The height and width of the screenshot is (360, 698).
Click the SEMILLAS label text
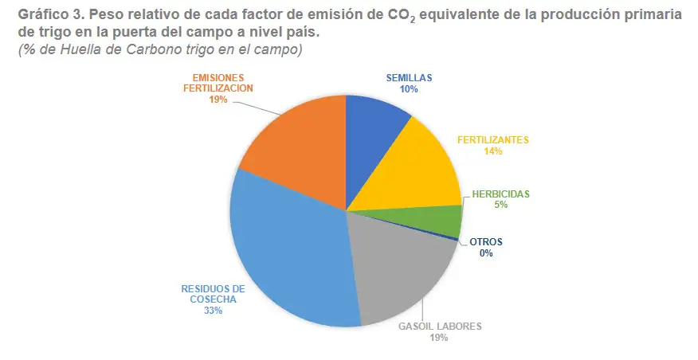click(x=409, y=78)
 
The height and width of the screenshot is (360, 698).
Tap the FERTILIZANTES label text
click(x=493, y=140)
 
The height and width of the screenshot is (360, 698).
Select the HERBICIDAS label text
click(x=501, y=194)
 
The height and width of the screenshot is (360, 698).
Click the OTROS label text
click(x=486, y=242)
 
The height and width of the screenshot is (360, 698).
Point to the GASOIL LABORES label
click(x=440, y=327)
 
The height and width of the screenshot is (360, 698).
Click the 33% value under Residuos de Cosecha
click(x=214, y=311)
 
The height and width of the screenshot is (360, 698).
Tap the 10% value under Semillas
click(x=409, y=89)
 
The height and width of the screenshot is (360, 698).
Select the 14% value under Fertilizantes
click(x=493, y=151)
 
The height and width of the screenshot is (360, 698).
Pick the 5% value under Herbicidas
click(x=501, y=205)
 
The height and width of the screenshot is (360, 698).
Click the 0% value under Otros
click(x=486, y=253)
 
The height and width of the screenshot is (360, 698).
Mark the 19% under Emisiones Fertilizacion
click(x=218, y=100)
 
